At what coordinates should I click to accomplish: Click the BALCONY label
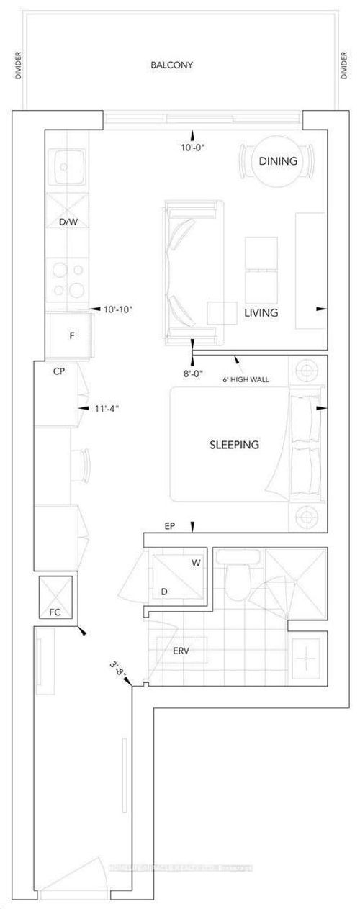pos(171,65)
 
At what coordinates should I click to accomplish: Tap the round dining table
pos(278,160)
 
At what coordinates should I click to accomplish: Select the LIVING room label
pos(261,314)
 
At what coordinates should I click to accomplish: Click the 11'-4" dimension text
pos(106,408)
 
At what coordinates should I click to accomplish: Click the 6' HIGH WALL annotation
pos(246,379)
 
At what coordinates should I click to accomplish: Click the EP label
pos(170,527)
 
